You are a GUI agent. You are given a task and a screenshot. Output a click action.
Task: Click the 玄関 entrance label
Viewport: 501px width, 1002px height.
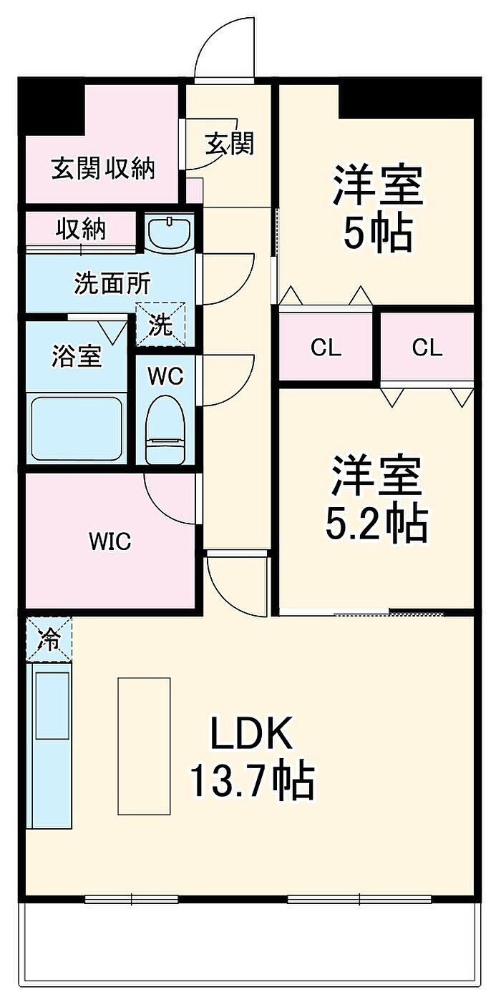point(230,144)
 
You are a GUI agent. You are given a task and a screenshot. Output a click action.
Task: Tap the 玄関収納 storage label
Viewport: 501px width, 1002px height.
point(102,169)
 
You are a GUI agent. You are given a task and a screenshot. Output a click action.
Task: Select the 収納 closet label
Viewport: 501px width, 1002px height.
point(81,230)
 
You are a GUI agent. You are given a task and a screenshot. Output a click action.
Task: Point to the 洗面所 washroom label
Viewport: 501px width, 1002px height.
point(113,284)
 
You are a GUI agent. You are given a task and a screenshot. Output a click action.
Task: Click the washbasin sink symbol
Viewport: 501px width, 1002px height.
point(170,232)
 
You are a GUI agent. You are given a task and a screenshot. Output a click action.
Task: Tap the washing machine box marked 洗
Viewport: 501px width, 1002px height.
point(160,326)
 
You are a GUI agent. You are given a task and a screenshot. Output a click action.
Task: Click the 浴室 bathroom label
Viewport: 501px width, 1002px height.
point(77,355)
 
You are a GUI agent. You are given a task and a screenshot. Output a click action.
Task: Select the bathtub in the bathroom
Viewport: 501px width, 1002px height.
point(76,427)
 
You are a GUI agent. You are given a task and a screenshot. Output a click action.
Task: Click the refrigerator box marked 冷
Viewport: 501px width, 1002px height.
point(49,638)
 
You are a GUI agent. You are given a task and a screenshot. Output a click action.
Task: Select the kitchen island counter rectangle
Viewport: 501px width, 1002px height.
point(144,745)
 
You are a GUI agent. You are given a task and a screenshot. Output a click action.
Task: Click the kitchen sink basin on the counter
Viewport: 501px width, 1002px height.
point(52,705)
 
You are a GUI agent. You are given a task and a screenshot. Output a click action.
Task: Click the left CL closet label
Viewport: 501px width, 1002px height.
point(326,348)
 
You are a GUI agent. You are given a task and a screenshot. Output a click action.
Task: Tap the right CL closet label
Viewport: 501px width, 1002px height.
point(427,348)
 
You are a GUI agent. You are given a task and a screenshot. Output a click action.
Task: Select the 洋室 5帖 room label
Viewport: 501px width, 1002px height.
point(376,207)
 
